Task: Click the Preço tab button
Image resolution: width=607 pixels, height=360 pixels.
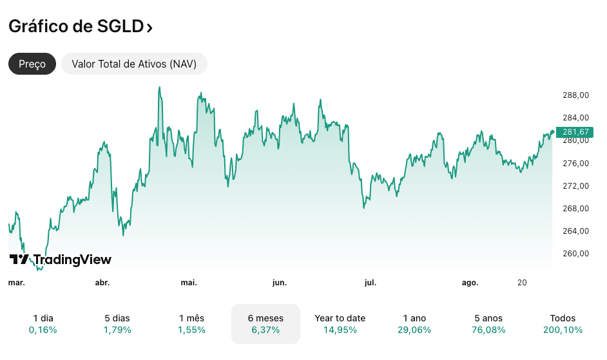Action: point(32,64)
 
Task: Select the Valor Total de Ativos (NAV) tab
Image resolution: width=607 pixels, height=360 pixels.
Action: point(134,64)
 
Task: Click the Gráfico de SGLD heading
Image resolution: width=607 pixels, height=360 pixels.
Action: point(81,27)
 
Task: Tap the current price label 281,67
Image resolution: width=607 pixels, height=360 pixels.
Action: point(575,132)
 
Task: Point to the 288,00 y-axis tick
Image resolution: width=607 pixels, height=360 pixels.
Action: point(575,95)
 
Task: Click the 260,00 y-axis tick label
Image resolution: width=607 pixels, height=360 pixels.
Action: point(575,254)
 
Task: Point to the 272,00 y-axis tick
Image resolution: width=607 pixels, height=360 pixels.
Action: point(575,186)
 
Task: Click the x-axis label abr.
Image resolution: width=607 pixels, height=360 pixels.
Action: point(102,283)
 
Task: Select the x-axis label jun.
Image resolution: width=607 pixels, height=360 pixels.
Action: point(279,283)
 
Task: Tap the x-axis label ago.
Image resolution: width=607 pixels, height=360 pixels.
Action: point(470,283)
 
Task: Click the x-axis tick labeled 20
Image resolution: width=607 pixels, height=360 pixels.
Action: point(522,283)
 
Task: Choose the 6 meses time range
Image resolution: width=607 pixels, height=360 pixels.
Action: point(265,324)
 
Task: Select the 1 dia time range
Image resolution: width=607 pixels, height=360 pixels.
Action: point(43,324)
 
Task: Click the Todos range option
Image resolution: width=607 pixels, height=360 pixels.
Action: point(563,324)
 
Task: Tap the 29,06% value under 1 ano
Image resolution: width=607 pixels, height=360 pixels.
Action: point(414,330)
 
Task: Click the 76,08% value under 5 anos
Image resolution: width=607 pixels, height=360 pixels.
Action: point(488,330)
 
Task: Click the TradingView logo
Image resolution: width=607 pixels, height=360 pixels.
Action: point(60,260)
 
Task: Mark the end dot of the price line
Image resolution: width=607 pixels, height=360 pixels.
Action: point(552,132)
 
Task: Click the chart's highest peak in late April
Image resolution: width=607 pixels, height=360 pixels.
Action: point(159,88)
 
